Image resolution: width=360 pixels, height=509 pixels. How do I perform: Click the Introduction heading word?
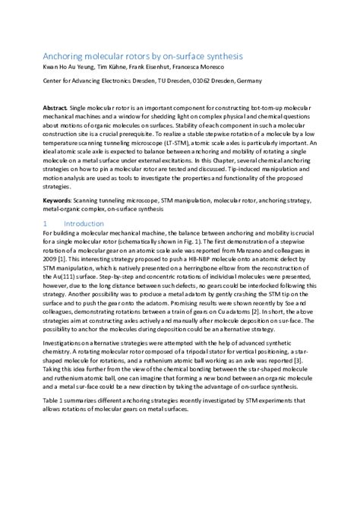click(84, 224)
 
